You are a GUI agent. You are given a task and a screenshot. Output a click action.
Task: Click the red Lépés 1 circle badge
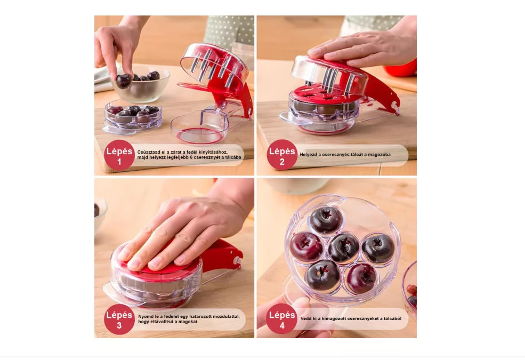pos(119,155)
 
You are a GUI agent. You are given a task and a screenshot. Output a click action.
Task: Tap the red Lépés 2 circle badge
pos(282,155)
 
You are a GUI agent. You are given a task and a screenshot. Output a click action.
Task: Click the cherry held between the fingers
pos(124,81)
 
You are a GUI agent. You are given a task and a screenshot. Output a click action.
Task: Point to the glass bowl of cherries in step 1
pos(141,85)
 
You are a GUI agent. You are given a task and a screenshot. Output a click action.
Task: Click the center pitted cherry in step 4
pos(344,248)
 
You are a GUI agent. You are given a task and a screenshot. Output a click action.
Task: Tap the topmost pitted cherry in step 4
pos(326,220)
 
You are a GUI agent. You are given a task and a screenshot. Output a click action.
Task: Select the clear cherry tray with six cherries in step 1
pos(132,117)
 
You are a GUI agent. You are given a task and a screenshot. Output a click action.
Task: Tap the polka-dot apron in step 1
pos(229,32)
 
